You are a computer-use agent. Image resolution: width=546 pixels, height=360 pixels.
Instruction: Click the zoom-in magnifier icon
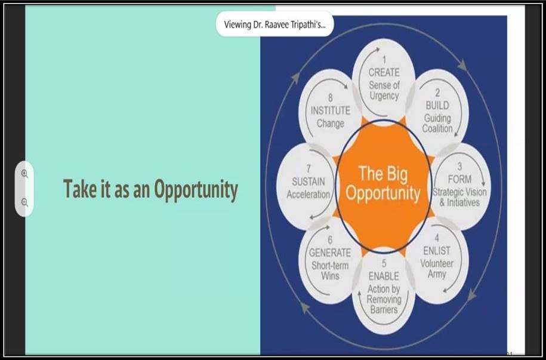point(24,174)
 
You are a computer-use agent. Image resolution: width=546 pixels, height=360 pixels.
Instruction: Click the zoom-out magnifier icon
point(24,202)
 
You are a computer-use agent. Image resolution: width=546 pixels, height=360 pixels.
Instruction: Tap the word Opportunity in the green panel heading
point(196,190)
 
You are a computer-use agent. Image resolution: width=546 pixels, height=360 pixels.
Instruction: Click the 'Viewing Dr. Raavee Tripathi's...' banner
point(274,24)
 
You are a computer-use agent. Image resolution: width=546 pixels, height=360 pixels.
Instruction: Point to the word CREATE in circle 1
point(384,72)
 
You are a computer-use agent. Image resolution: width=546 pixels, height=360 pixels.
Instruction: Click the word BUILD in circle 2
point(437,105)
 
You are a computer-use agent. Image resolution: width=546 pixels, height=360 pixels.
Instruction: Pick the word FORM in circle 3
point(459,179)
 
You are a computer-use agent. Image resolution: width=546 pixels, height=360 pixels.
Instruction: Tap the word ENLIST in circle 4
point(437,251)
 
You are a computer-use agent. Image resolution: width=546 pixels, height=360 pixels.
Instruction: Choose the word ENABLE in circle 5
point(384,276)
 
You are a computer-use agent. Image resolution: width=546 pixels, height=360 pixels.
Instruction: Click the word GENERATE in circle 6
point(330,253)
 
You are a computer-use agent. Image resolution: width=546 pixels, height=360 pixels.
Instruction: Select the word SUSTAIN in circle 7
point(308,181)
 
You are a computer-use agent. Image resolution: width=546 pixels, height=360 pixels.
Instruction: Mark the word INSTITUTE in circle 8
point(331,111)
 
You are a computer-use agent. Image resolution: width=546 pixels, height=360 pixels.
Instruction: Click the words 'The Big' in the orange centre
point(383,174)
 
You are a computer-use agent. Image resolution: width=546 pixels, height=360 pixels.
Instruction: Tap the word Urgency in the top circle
point(384,96)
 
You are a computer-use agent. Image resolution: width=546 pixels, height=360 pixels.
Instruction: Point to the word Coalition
point(437,128)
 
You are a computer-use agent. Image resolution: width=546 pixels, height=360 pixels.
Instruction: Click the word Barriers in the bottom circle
point(384,309)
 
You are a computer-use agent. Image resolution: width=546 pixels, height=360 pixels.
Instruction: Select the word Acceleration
point(308,194)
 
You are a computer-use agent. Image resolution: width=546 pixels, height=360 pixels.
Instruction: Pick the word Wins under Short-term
point(330,276)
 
